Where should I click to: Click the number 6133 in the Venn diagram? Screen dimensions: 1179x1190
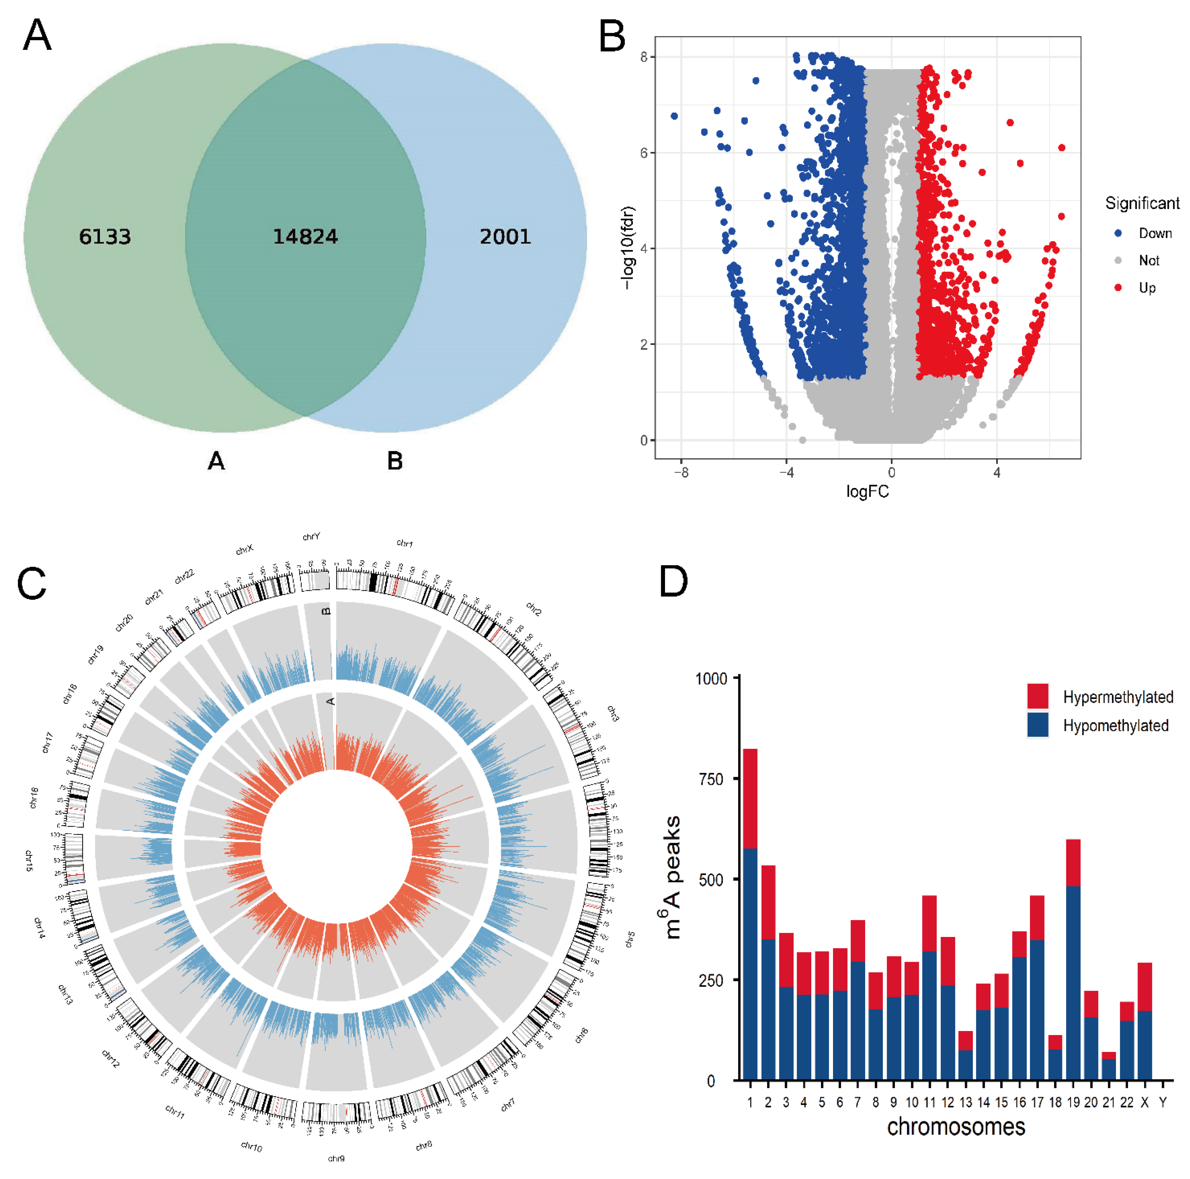point(105,236)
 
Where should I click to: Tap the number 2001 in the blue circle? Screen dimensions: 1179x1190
point(505,236)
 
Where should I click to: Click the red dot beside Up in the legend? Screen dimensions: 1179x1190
point(1118,288)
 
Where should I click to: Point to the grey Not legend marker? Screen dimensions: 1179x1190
point(1118,261)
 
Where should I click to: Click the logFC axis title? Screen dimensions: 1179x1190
point(867,491)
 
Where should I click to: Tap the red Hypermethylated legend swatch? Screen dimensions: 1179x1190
point(1038,696)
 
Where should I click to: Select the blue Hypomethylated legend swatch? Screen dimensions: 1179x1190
point(1038,725)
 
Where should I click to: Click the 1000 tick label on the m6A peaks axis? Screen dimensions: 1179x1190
point(711,679)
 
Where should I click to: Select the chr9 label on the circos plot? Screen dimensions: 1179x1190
point(336,1159)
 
